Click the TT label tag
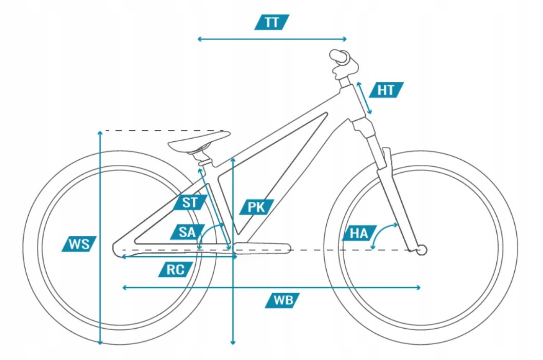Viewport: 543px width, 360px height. pyautogui.click(x=272, y=22)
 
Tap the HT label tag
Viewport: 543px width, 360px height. pyautogui.click(x=386, y=90)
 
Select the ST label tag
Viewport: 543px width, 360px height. pyautogui.click(x=190, y=202)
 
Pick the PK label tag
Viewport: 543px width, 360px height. pyautogui.click(x=256, y=207)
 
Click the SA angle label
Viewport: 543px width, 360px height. pyautogui.click(x=188, y=232)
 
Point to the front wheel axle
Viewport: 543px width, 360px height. pyautogui.click(x=422, y=250)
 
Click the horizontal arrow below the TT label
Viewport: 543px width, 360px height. pyautogui.click(x=272, y=39)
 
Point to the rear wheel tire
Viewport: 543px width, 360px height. pyautogui.click(x=31, y=247)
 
